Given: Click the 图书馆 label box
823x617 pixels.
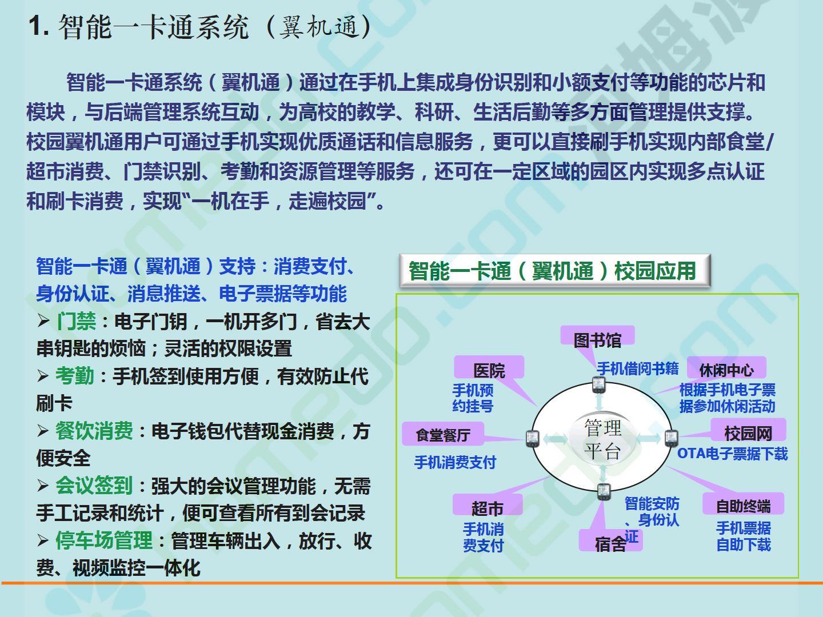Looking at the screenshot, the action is click(x=597, y=335).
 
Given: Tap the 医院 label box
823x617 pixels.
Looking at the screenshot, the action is click(x=489, y=367).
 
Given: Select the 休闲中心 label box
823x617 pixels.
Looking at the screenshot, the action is click(x=726, y=367).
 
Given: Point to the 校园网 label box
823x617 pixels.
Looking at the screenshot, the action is click(x=748, y=430).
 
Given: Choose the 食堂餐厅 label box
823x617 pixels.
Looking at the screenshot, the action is click(x=443, y=434).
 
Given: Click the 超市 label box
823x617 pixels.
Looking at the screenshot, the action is click(x=488, y=504).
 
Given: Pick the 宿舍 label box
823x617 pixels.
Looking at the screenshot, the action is click(x=610, y=540).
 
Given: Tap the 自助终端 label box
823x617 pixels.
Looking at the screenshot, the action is click(x=743, y=503).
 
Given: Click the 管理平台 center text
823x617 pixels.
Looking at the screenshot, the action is click(x=602, y=439).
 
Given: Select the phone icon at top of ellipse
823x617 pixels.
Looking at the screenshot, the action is click(x=599, y=385).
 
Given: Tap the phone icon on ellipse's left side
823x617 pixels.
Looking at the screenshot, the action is click(x=533, y=439).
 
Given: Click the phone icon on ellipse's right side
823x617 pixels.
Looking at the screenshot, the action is click(x=671, y=438).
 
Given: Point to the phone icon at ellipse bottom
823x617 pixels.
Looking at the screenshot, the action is click(x=604, y=491).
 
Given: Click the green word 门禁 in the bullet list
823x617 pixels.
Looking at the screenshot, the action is click(x=76, y=322).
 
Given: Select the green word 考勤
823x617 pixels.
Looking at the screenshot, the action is click(x=75, y=376).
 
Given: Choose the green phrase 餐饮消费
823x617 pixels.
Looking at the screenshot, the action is click(x=94, y=431).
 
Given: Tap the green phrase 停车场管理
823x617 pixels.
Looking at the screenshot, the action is click(x=104, y=540).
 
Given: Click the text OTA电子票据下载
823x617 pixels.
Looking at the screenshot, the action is click(x=732, y=454).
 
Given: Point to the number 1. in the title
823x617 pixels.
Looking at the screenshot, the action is click(x=39, y=26).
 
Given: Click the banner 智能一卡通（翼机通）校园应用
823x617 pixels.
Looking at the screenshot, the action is click(x=555, y=270).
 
